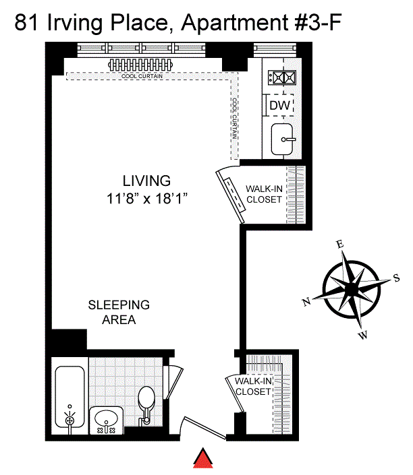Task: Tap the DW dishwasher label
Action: click(279, 105)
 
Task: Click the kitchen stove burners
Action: click(281, 77)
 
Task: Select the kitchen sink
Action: click(282, 139)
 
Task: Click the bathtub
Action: click(70, 397)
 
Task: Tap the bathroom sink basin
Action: click(106, 420)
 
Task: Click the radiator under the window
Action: click(140, 65)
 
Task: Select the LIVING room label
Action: click(146, 181)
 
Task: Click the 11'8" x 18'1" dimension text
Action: click(147, 199)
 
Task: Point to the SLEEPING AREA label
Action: click(119, 312)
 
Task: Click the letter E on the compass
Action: click(340, 244)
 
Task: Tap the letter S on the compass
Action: click(396, 278)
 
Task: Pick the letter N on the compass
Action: click(306, 302)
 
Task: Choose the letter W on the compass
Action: click(363, 335)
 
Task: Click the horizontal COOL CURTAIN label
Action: click(142, 76)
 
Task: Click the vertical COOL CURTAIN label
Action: click(235, 119)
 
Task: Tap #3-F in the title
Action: click(318, 22)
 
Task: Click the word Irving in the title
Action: click(75, 24)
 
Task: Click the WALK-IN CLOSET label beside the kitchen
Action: click(264, 194)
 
